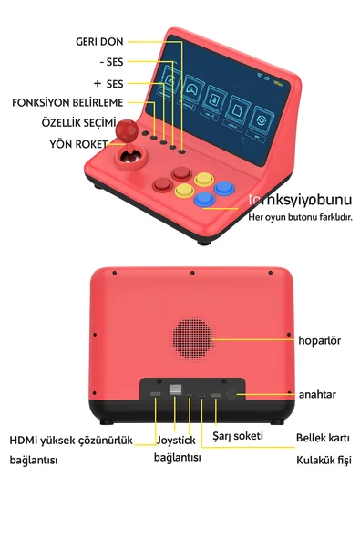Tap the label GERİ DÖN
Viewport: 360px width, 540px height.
coord(100,42)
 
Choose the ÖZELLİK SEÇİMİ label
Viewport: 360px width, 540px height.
coord(78,122)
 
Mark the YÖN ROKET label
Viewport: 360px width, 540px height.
coord(78,144)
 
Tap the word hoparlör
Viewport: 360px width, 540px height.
coord(319,340)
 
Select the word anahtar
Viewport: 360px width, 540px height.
coord(317,394)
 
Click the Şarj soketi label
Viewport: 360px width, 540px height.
coord(238,437)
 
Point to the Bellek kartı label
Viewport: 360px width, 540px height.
coord(324,438)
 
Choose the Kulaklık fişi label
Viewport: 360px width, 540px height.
coord(324,461)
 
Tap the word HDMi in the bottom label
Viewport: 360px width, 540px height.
coord(25,440)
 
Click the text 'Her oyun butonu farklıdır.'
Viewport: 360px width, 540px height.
coord(300,217)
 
